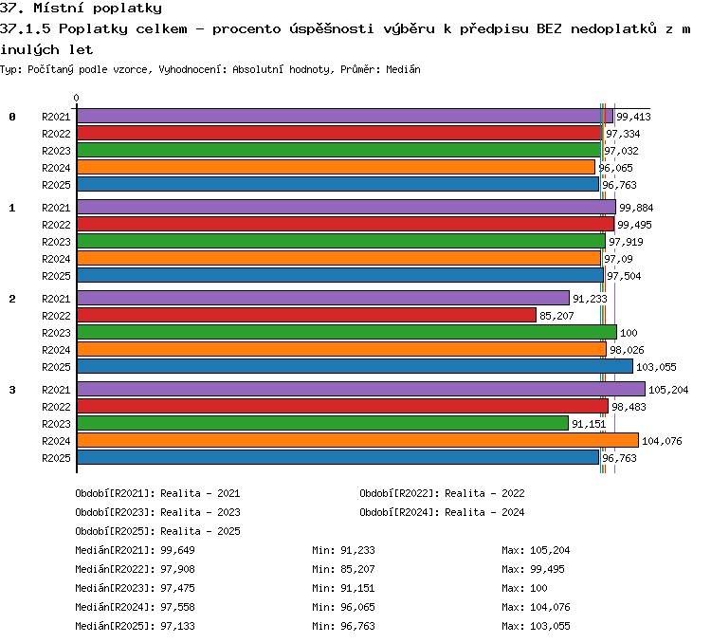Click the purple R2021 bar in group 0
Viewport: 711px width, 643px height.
point(345,116)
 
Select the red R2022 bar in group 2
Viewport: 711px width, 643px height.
point(306,315)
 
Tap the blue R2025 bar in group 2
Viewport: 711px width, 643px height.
point(355,366)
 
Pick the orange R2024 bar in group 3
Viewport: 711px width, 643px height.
point(357,440)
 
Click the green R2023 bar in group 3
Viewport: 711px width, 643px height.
point(323,423)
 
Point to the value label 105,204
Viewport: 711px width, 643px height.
point(668,390)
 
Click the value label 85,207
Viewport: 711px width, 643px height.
point(556,316)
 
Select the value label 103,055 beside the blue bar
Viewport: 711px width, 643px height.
point(656,367)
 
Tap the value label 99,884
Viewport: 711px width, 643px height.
point(636,208)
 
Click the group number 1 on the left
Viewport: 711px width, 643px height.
point(12,208)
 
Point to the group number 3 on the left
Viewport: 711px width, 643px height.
point(12,390)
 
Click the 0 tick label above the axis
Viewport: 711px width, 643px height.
point(76,98)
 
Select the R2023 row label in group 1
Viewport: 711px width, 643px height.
point(56,242)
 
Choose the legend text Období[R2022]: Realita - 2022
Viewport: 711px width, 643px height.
point(442,493)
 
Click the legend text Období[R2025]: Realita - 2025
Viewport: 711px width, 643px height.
point(157,531)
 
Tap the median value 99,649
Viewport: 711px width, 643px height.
point(178,550)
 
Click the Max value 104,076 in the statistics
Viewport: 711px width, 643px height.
point(550,607)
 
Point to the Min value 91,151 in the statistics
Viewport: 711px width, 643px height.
point(357,588)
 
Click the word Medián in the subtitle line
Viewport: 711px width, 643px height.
point(403,69)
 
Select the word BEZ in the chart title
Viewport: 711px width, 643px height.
point(549,29)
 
